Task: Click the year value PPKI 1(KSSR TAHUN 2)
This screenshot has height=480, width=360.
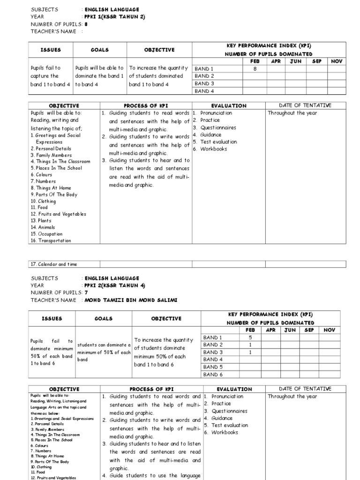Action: [114, 16]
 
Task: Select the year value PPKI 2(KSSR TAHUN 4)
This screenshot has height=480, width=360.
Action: [114, 285]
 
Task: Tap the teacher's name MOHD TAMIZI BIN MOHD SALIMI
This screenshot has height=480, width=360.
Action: [131, 300]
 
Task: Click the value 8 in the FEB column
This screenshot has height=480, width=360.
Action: [255, 68]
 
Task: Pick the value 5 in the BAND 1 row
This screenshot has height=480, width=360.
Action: [250, 337]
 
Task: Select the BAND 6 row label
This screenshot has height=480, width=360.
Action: [212, 375]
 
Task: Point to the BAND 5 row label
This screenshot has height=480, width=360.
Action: [212, 367]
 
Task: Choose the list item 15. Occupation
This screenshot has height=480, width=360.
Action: [46, 234]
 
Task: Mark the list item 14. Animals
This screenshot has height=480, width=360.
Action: [43, 227]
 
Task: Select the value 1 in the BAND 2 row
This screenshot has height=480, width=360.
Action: [250, 345]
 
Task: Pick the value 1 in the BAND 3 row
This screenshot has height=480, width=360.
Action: [250, 352]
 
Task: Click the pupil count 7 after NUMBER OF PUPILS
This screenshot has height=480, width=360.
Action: [86, 292]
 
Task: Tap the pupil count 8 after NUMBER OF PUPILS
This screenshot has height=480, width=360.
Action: [86, 24]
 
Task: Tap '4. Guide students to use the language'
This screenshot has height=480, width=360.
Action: [151, 476]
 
